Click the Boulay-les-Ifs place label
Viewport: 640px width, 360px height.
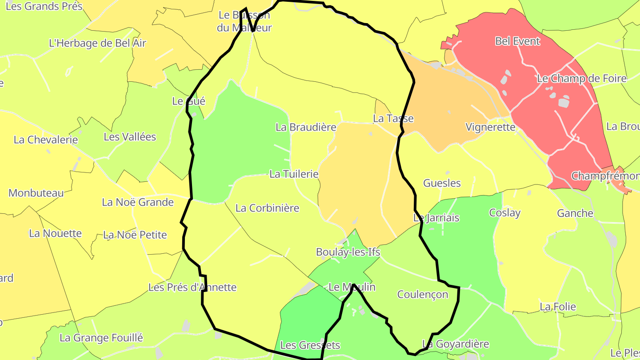(348, 252)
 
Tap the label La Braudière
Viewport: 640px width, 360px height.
(306, 127)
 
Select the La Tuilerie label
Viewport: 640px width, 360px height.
(294, 174)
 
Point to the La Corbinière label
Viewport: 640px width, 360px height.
(267, 208)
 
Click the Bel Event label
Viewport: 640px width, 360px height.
(517, 41)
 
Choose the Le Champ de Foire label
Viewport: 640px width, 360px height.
(581, 79)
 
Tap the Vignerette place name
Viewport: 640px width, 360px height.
(490, 127)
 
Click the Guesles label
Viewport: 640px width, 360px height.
(442, 183)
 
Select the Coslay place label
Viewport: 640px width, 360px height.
(504, 213)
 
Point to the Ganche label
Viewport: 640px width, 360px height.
(575, 213)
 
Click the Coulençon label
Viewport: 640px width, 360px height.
(422, 294)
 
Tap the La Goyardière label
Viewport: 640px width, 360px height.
(455, 344)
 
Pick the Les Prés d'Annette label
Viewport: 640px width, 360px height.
(192, 288)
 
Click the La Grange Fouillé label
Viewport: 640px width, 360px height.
(101, 338)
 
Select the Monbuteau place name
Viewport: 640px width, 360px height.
(36, 193)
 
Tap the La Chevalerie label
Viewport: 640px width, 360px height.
(46, 140)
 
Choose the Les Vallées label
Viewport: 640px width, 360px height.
(130, 137)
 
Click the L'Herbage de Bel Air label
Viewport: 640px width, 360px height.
(97, 44)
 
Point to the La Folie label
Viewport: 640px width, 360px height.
(558, 307)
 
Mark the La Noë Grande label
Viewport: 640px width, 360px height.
(138, 202)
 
